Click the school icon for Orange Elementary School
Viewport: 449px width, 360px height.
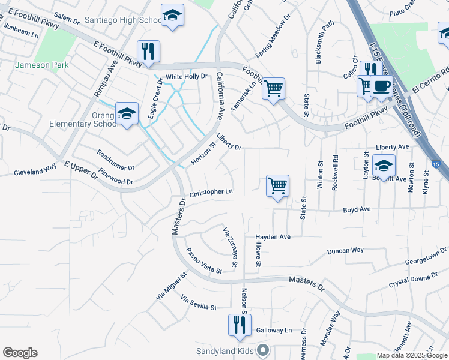click(127, 113)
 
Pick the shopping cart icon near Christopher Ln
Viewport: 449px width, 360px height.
click(277, 186)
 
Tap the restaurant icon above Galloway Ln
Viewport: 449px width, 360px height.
click(240, 325)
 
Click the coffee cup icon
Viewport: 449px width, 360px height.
click(381, 86)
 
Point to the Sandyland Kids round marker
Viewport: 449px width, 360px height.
click(262, 350)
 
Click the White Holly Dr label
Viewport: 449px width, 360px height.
click(186, 76)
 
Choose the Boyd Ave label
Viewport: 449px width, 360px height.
click(357, 209)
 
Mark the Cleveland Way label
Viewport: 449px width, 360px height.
click(35, 170)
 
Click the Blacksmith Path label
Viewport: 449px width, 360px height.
click(324, 43)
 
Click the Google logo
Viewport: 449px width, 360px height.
click(20, 353)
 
